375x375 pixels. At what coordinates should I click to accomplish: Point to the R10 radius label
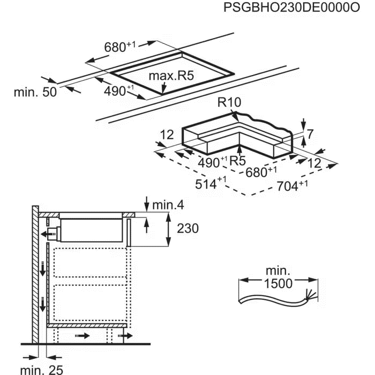pos(230,103)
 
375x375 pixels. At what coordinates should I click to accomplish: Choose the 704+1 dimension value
pos(292,186)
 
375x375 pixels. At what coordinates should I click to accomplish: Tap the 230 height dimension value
pos(187,229)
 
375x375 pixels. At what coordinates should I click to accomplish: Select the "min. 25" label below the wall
pos(42,369)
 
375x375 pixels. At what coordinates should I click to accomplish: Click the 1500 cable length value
pos(278,284)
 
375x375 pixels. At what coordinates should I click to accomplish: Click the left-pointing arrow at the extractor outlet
pos(42,234)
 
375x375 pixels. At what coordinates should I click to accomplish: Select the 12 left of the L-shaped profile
pos(167,136)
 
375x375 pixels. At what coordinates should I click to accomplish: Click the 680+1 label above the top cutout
pos(119,48)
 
